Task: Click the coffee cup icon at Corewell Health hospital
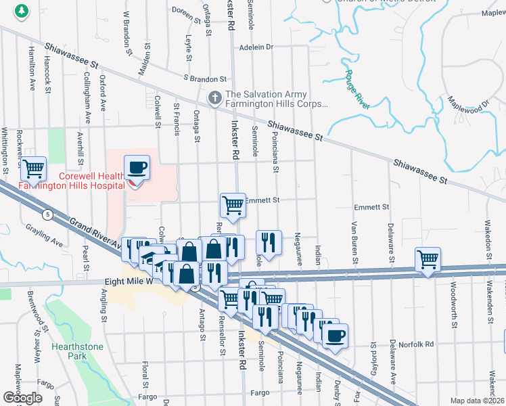pos(137,167)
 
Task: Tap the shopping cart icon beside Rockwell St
pos(32,168)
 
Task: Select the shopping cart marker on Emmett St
pos(233,204)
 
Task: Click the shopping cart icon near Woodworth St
pos(428,259)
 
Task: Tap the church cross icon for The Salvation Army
pos(215,99)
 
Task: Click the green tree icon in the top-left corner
pos(22,11)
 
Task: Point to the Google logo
pos(22,397)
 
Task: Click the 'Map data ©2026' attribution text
pos(477,401)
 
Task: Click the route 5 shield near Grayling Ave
pos(47,215)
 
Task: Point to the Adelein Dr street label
pos(256,47)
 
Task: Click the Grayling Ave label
pos(48,242)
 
